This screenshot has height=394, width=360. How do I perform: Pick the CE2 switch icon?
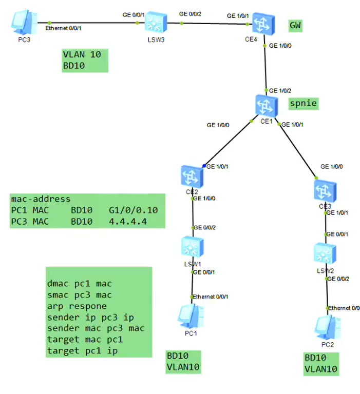[192, 176]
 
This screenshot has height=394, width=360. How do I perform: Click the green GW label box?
[295, 25]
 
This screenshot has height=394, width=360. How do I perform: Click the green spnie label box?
[303, 103]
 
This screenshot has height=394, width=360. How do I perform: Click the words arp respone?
[77, 306]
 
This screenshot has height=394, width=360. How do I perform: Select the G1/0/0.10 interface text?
[133, 210]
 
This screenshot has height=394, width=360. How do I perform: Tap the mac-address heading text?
[41, 199]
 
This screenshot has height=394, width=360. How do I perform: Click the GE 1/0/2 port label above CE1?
[280, 91]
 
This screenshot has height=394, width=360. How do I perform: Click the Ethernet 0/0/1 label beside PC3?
[63, 28]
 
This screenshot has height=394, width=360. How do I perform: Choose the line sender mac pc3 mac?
[96, 328]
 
